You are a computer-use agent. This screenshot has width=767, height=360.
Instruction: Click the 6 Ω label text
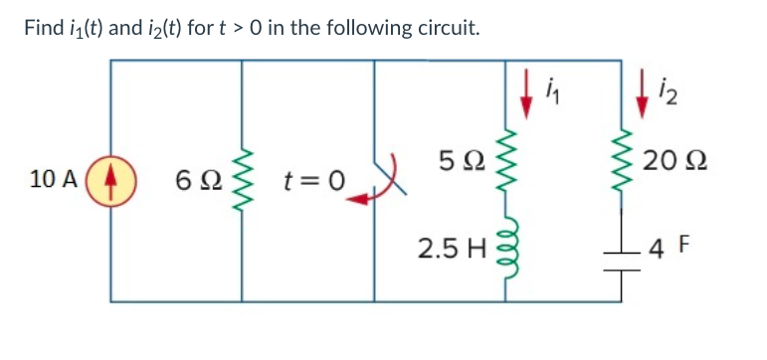(x=193, y=181)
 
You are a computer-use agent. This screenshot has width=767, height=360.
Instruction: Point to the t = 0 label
(x=311, y=181)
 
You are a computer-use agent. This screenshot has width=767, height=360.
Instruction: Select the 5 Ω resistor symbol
(x=514, y=159)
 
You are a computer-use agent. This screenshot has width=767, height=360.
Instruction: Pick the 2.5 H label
(x=455, y=246)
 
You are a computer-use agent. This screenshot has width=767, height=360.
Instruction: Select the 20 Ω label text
(x=672, y=160)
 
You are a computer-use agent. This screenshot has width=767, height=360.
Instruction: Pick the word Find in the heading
(x=44, y=27)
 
